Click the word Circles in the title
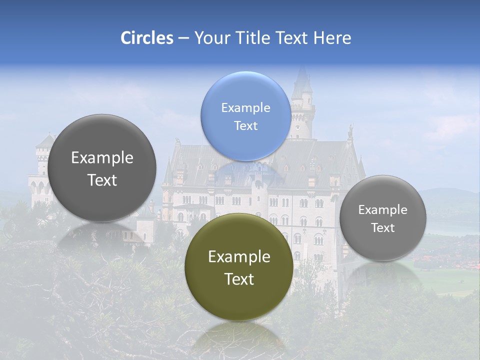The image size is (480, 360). pyautogui.click(x=147, y=38)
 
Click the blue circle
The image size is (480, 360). pyautogui.click(x=245, y=116)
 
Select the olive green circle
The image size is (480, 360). pyautogui.click(x=239, y=267)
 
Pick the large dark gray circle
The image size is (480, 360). pyautogui.click(x=102, y=168)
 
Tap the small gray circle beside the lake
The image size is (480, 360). pyautogui.click(x=382, y=218)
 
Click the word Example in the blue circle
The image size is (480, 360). pyautogui.click(x=245, y=107)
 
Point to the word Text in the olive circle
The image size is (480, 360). pyautogui.click(x=239, y=279)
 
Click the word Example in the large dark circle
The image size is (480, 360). pyautogui.click(x=102, y=158)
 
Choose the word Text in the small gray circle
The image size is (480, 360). pyautogui.click(x=382, y=228)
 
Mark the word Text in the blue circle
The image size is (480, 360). pyautogui.click(x=245, y=125)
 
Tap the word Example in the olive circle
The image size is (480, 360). pyautogui.click(x=239, y=257)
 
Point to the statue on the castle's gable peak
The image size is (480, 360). pyautogui.click(x=351, y=131)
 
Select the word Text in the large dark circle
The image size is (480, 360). pyautogui.click(x=102, y=180)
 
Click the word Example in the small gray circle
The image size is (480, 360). pyautogui.click(x=382, y=210)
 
